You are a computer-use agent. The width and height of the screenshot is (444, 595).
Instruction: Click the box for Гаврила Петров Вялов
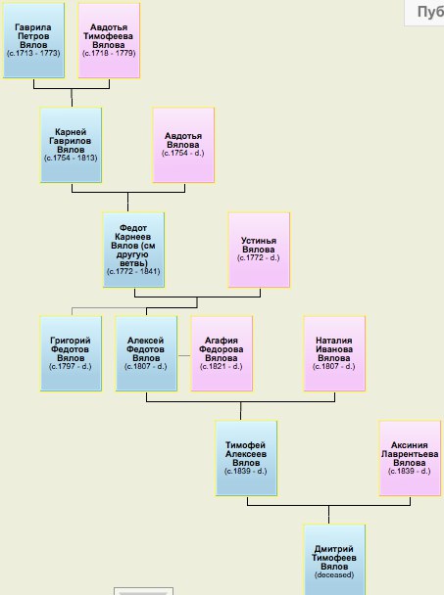click(x=33, y=40)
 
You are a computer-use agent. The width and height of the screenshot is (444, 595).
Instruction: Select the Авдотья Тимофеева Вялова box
click(x=109, y=40)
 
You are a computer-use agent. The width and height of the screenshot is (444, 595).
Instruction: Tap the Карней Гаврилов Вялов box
click(x=71, y=145)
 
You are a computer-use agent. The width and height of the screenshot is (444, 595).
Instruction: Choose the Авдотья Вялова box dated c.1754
click(x=183, y=145)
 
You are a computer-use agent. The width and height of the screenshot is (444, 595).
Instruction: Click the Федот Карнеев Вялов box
click(x=133, y=250)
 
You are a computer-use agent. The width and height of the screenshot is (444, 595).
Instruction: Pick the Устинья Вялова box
click(x=259, y=250)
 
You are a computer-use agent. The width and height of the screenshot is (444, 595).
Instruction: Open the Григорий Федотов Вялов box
click(x=71, y=353)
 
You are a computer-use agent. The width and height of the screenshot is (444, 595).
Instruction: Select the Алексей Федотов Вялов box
click(x=146, y=353)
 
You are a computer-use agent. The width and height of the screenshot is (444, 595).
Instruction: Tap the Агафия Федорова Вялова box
click(x=222, y=353)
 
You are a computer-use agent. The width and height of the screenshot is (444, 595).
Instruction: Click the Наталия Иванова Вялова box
click(x=334, y=353)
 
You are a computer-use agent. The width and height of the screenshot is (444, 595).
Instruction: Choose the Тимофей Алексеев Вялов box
click(x=246, y=458)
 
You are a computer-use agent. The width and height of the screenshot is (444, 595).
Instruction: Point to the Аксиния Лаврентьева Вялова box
click(x=410, y=458)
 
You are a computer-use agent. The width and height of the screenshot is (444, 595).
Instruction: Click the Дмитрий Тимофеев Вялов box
click(x=334, y=560)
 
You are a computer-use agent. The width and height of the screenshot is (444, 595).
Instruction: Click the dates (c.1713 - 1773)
click(x=33, y=53)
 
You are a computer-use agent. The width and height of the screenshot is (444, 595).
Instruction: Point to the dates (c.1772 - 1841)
click(x=133, y=271)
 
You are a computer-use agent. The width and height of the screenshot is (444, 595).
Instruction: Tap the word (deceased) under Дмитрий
click(x=334, y=574)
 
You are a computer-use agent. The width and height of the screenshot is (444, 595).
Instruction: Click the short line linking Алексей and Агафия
click(x=184, y=355)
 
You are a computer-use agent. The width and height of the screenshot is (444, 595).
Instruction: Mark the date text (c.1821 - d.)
click(x=222, y=367)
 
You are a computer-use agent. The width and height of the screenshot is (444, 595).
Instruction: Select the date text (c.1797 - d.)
click(x=71, y=367)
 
